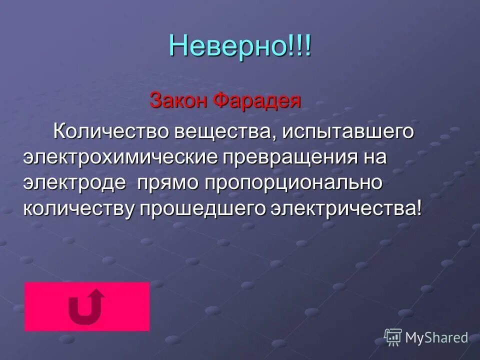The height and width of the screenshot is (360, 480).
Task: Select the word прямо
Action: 167,183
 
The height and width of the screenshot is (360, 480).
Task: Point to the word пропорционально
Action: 293,183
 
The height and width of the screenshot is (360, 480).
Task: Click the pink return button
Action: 86,306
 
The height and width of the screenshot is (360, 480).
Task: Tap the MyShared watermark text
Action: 436,337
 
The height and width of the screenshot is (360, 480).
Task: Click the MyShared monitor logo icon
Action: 393,337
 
